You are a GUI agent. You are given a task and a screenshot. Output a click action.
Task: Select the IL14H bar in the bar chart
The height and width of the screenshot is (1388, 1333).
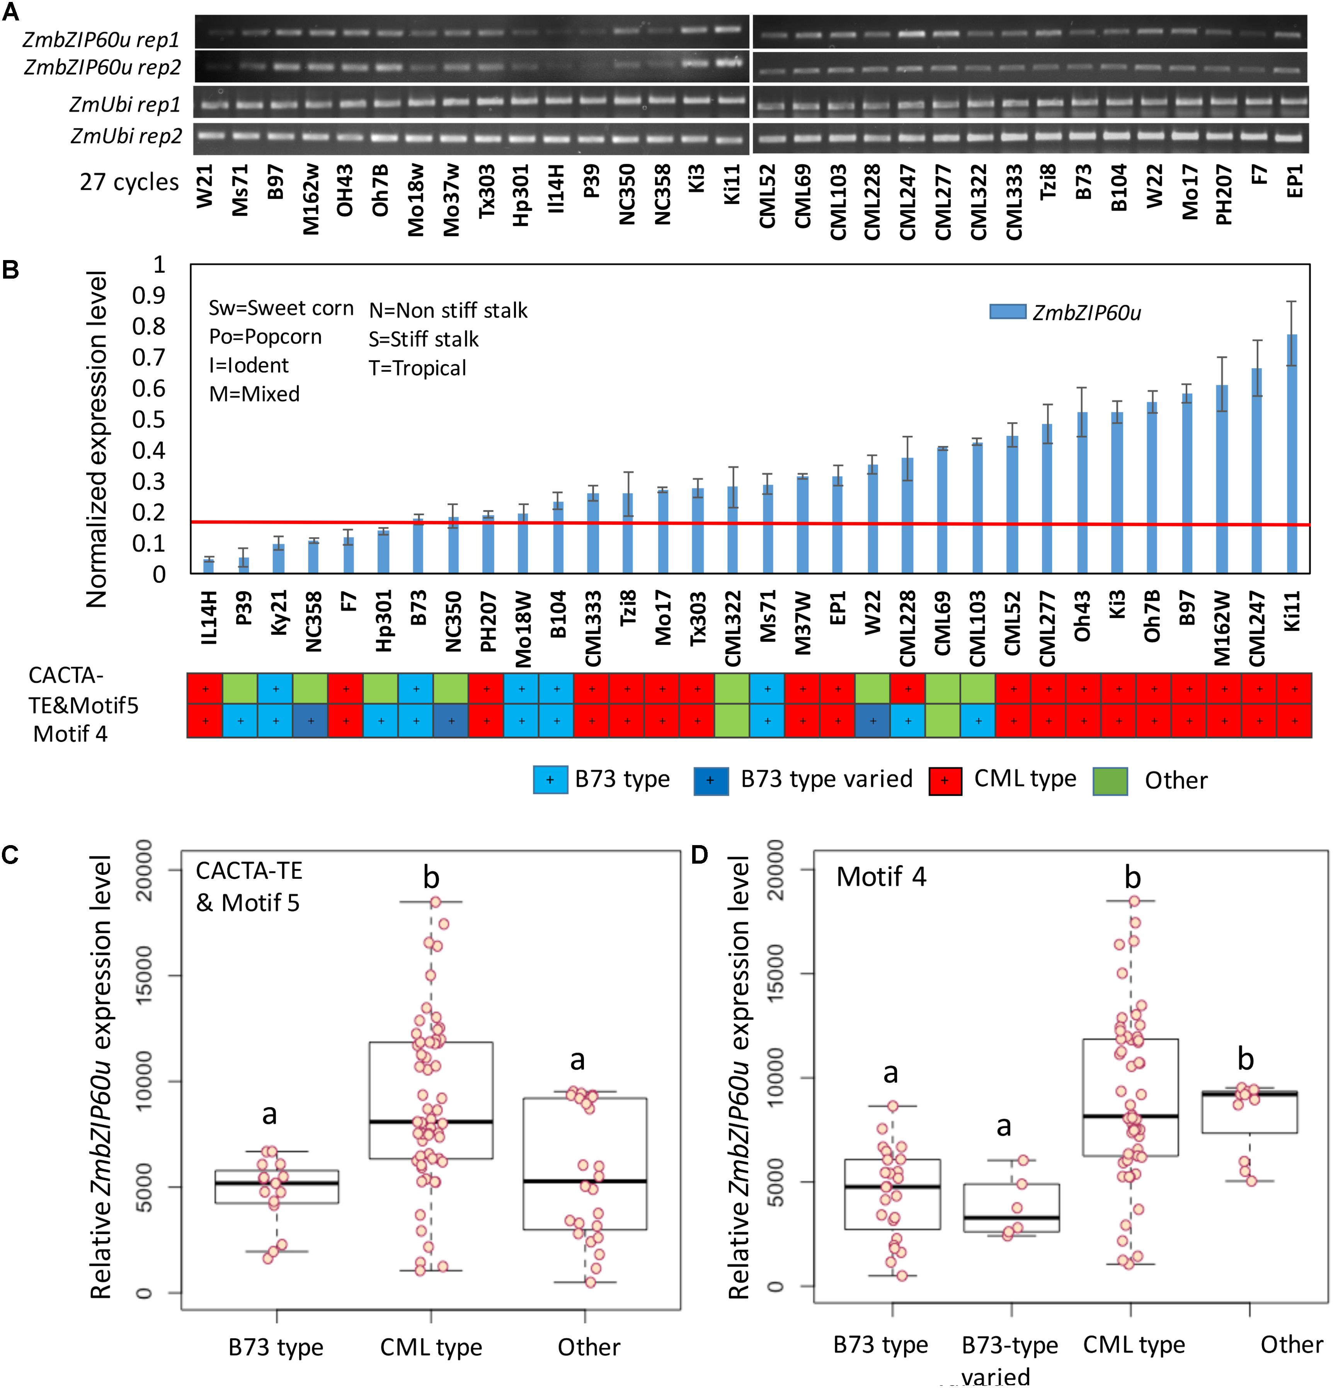[x=209, y=566]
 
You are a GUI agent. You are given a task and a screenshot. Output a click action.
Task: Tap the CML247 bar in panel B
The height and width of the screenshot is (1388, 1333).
[x=1256, y=470]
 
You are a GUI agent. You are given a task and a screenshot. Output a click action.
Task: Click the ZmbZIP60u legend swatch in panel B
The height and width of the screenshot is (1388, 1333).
[x=1007, y=311]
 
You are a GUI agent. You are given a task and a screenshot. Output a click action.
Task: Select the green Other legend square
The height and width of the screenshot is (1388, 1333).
[x=1110, y=781]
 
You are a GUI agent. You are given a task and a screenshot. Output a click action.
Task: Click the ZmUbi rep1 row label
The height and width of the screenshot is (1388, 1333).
[x=125, y=105]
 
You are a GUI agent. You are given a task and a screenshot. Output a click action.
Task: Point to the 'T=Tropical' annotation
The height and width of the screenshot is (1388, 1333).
[x=417, y=368]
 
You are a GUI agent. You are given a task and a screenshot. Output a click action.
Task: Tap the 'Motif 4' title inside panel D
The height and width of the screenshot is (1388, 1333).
[x=881, y=877]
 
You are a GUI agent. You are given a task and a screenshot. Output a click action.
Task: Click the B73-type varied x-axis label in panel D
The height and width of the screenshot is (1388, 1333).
[x=1009, y=1360]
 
